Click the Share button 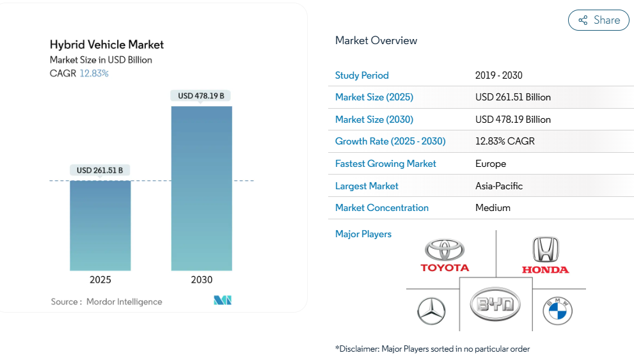(598, 20)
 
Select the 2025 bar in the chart (100, 225)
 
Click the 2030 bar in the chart (202, 188)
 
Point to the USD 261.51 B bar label (100, 170)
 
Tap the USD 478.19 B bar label (201, 96)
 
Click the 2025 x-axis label (100, 280)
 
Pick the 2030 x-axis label (202, 280)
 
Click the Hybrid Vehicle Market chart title (107, 45)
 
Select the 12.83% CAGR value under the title (94, 74)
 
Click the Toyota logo (445, 255)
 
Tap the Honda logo (545, 255)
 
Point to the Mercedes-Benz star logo (431, 311)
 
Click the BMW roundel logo (557, 311)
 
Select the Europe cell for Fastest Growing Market (491, 164)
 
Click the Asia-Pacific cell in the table (499, 186)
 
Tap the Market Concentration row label (382, 208)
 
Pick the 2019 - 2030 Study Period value (499, 75)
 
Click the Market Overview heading (376, 40)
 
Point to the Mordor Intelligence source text (123, 302)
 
